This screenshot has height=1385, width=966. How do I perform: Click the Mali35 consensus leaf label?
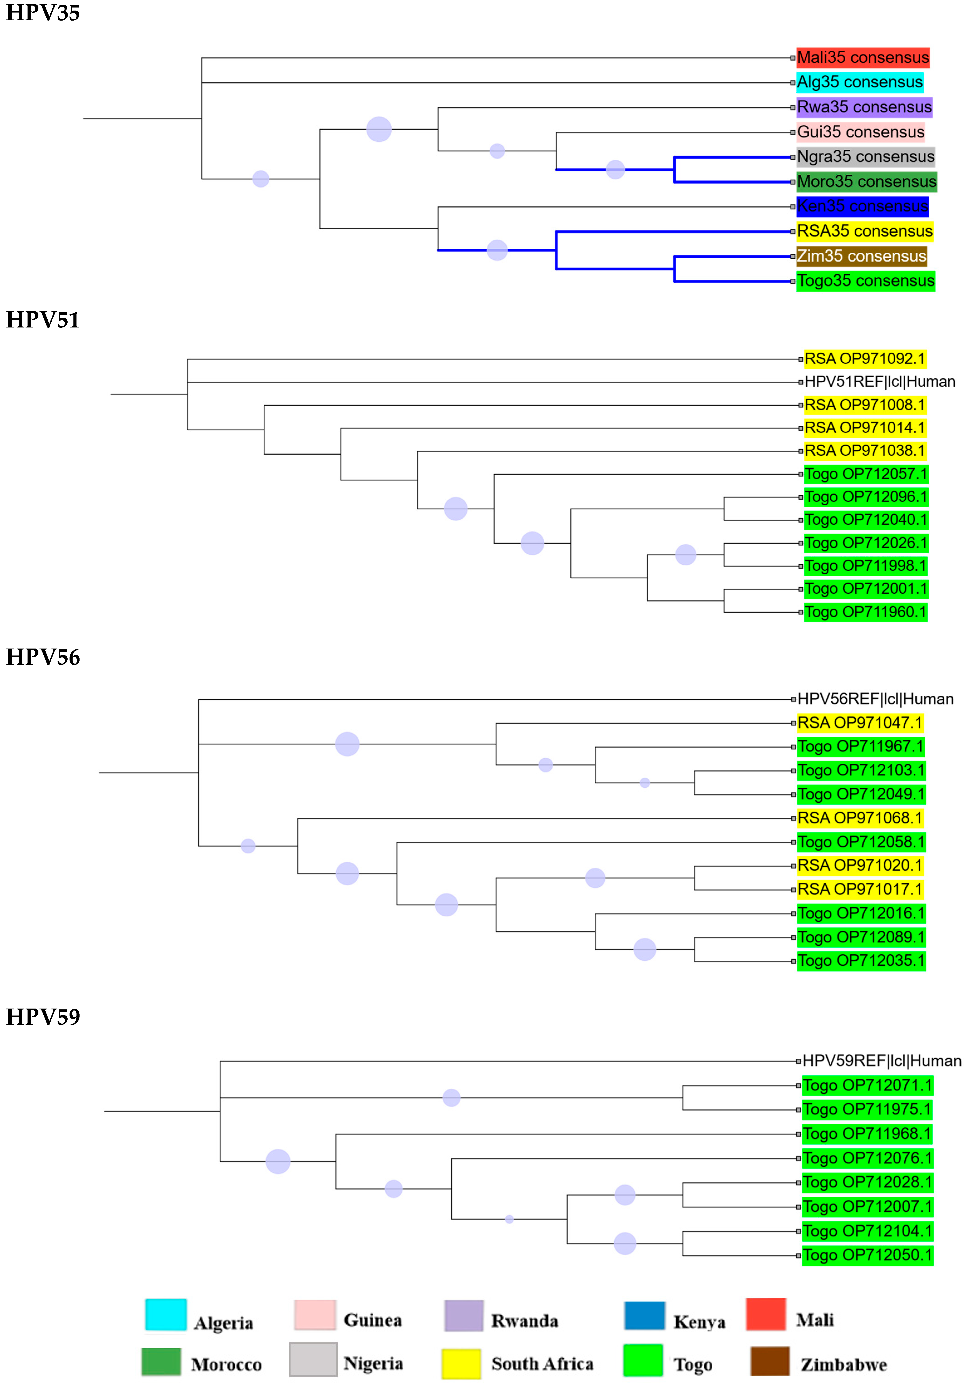click(862, 57)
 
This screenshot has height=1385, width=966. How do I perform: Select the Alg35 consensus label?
click(859, 82)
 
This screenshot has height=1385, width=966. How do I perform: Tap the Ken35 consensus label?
click(862, 206)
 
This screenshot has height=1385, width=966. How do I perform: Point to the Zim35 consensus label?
click(861, 256)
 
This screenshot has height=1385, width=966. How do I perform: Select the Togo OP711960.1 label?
click(865, 612)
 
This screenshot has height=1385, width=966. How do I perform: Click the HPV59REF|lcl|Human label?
click(881, 1061)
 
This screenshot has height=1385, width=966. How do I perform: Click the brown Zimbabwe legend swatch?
click(769, 1361)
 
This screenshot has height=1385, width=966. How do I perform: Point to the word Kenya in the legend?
click(700, 1322)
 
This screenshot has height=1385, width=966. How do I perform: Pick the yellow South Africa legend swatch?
click(461, 1363)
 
